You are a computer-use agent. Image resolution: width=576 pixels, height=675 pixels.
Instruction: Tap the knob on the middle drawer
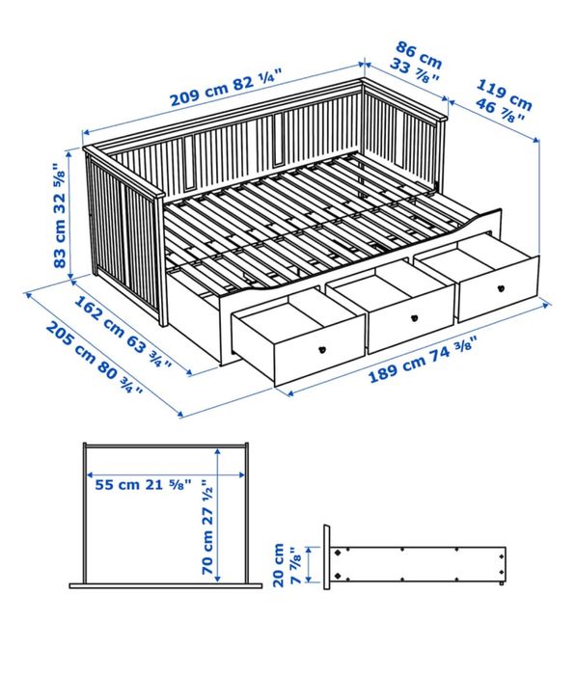click(x=413, y=317)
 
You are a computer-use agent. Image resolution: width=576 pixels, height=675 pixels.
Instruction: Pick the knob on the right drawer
click(x=501, y=286)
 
